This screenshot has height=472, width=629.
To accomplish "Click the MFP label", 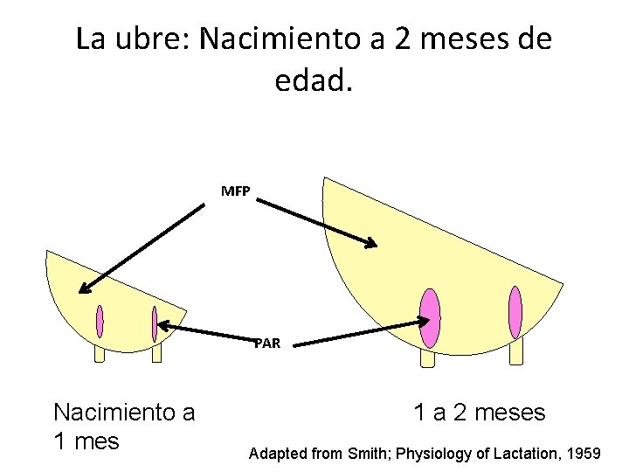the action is [234, 191].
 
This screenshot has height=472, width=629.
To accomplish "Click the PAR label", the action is [267, 344].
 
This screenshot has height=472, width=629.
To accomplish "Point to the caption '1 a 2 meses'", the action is [479, 413].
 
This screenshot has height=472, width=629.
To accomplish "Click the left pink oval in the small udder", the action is [100, 322].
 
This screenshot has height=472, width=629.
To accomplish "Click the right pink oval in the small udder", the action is [155, 323].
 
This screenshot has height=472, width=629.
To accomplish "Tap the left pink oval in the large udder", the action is [429, 318].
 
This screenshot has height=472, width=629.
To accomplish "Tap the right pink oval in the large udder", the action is [515, 311].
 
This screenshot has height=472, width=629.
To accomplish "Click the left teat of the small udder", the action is [100, 353].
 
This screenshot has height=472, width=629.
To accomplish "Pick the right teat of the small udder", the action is [156, 353].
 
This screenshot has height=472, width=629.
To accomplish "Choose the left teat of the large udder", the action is [427, 358].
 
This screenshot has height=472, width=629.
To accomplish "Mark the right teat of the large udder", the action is [516, 351].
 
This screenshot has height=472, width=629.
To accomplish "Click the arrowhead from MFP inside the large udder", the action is [372, 244].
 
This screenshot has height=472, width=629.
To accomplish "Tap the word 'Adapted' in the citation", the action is [278, 454].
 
